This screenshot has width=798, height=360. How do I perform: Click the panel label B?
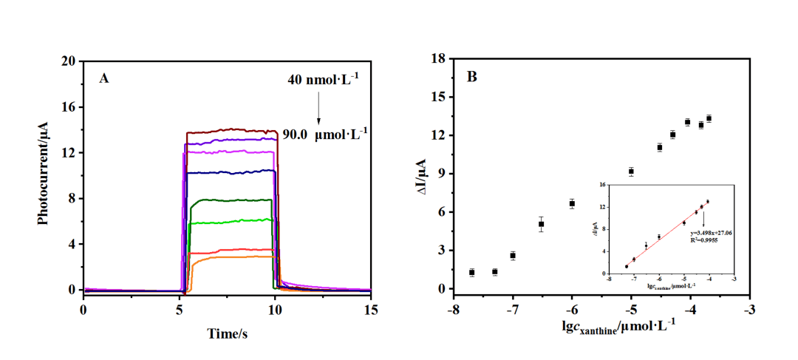(x=471, y=76)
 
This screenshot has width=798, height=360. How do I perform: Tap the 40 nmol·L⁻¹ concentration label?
(x=323, y=79)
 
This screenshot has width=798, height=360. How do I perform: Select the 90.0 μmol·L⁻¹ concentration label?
(x=325, y=135)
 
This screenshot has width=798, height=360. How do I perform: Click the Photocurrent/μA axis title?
(x=44, y=174)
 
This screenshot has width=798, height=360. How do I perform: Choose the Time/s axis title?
(x=227, y=333)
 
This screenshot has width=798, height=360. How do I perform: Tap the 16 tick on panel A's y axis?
(x=69, y=107)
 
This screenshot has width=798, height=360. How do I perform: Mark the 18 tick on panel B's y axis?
(x=437, y=58)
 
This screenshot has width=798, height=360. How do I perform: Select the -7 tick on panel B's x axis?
(x=513, y=308)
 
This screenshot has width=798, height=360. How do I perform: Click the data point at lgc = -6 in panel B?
(x=572, y=203)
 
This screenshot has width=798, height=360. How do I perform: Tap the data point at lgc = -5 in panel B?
(x=631, y=171)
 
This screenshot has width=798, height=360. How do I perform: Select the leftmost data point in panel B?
(x=471, y=273)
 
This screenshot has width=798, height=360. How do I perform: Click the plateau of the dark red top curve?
(x=230, y=130)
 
